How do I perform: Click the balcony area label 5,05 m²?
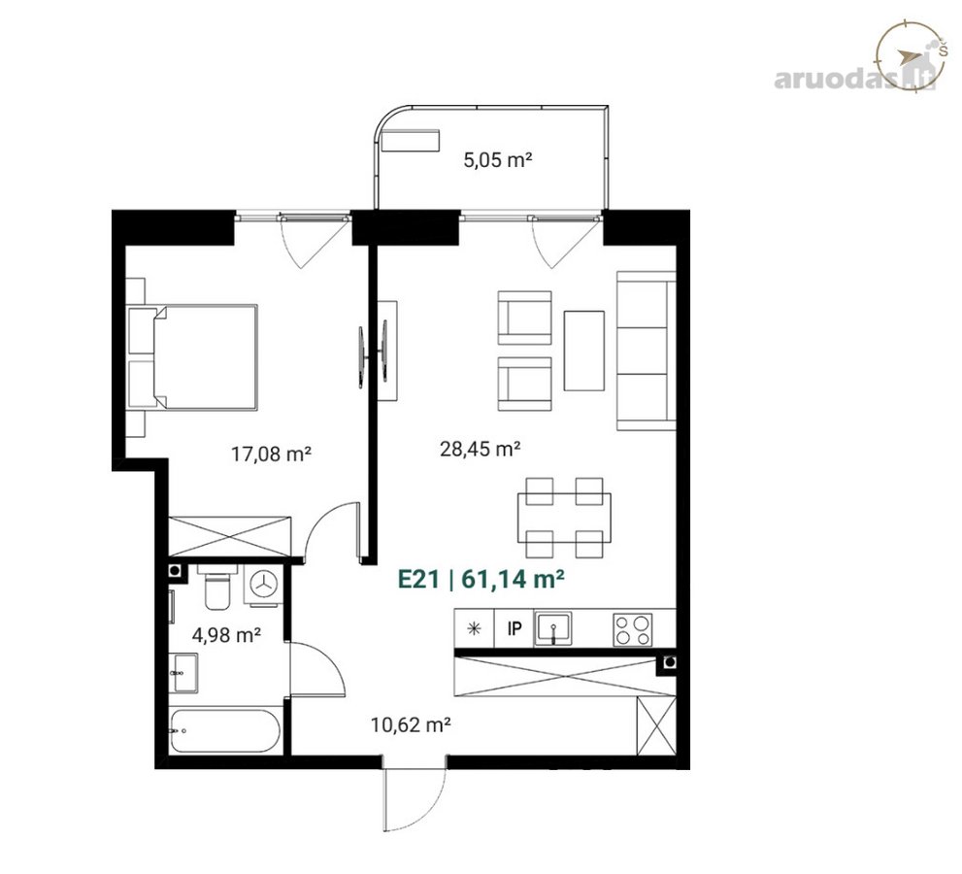(497, 161)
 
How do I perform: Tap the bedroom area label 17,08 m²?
(271, 454)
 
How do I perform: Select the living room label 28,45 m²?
(481, 449)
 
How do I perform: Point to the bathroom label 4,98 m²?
(227, 635)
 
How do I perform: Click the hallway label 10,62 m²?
(411, 724)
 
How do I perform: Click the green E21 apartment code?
(419, 579)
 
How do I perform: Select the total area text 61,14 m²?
(513, 579)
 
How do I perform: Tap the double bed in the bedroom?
(192, 357)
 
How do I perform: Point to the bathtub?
(225, 730)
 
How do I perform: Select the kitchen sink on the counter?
(553, 628)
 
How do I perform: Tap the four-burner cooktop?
(633, 629)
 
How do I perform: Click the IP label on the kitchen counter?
(514, 628)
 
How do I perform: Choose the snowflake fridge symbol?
(473, 628)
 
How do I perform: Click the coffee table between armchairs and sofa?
(584, 351)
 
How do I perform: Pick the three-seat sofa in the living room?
(647, 352)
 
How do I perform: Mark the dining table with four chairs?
(564, 518)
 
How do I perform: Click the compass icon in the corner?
(910, 56)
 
